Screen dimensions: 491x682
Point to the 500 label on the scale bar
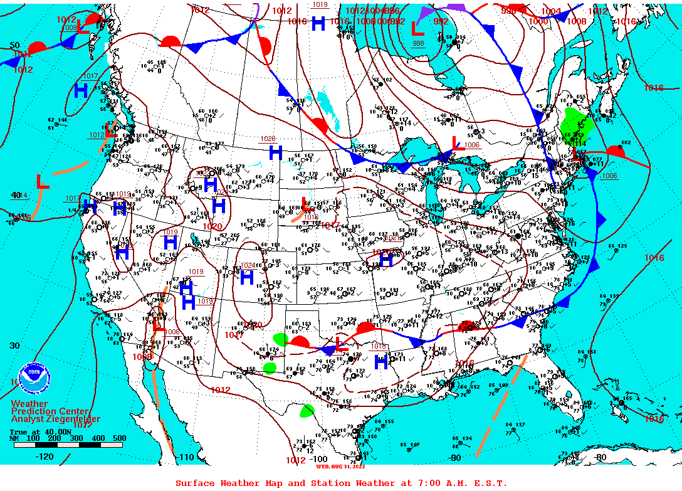click(x=118, y=438)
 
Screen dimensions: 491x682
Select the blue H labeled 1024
click(x=246, y=277)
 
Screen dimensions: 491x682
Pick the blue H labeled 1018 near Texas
click(x=380, y=362)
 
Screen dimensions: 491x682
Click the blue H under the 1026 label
click(x=275, y=152)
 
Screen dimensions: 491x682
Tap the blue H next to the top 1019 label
click(x=318, y=24)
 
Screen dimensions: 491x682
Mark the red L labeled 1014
click(x=42, y=182)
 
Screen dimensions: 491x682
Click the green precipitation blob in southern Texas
click(x=307, y=411)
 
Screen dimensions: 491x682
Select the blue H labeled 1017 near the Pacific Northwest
click(x=81, y=91)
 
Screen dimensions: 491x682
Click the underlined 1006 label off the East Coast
click(x=609, y=176)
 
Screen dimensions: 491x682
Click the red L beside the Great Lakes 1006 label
click(x=456, y=145)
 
